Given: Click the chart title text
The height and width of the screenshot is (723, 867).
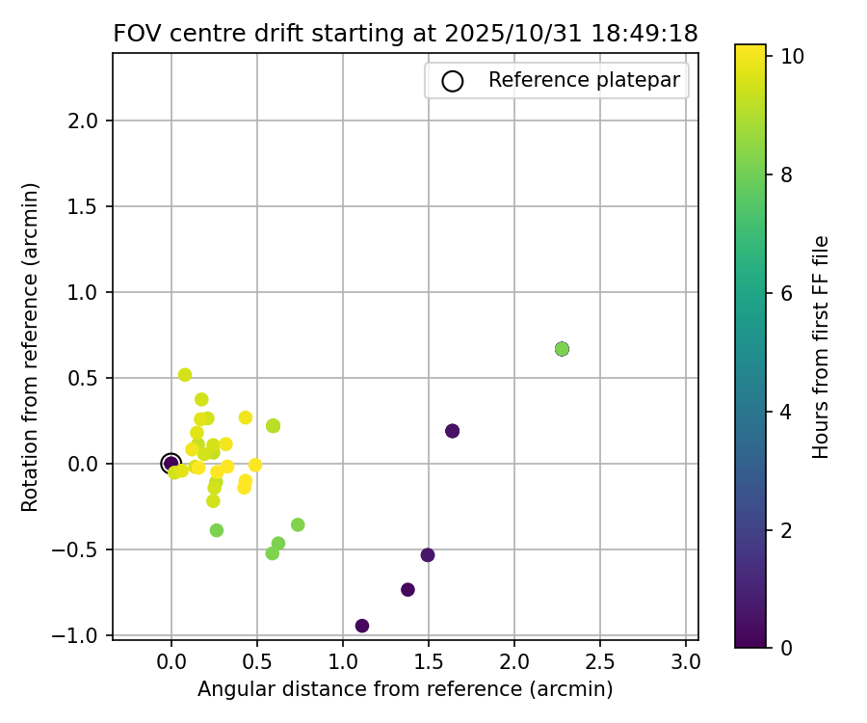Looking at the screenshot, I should pos(406,33).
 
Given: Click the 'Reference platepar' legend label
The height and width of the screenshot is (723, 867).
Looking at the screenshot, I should pos(585,80).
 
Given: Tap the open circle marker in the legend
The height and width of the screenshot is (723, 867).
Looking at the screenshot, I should pos(453,81).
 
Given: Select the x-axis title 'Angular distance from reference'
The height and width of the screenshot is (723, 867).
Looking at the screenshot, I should pos(406,689).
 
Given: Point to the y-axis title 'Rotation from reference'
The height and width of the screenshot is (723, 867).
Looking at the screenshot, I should pos(30,347).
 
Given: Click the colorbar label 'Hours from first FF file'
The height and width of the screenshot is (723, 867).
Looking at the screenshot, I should pos(821,347).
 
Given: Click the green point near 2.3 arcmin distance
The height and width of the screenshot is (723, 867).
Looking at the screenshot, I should pos(562,349).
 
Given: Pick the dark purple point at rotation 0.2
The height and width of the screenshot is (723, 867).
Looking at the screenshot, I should pos(453,431).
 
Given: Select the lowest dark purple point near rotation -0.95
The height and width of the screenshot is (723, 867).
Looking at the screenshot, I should pos(362,626).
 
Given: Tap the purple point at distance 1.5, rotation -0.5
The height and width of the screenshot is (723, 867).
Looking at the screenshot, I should pos(428,555).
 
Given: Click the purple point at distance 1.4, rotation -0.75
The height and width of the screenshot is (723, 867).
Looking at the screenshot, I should pos(407,590).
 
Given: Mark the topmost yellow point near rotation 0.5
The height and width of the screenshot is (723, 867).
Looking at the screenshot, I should pos(185,375).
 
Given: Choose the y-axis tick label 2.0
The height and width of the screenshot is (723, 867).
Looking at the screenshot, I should pos(89,120).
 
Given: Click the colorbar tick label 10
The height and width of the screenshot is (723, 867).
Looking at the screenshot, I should pos(793,57).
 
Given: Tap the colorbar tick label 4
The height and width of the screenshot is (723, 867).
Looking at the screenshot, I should pos(788,412).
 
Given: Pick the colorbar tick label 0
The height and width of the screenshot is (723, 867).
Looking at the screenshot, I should pos(788,648).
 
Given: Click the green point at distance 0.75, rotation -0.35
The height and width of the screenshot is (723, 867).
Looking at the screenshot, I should pos(298,525).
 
